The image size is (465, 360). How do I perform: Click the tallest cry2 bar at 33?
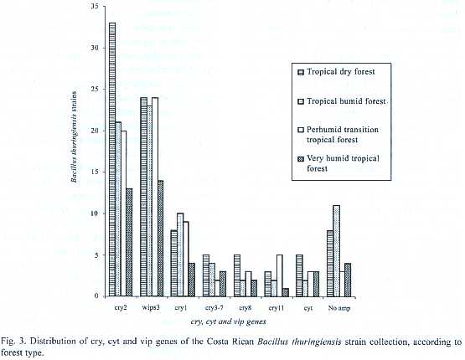pyautogui.click(x=112, y=159)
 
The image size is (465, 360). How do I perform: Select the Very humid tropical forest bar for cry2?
pyautogui.click(x=129, y=242)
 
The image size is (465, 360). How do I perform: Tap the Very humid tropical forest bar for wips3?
pyautogui.click(x=160, y=239)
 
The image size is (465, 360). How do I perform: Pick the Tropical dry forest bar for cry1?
pyautogui.click(x=174, y=263)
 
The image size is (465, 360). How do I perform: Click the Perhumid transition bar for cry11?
pyautogui.click(x=280, y=275)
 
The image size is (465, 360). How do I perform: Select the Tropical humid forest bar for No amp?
pyautogui.click(x=336, y=250)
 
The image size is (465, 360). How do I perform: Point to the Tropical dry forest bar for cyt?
pyautogui.click(x=299, y=275)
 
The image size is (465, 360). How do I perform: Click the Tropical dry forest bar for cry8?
pyautogui.click(x=237, y=275)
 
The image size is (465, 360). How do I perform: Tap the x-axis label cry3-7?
pyautogui.click(x=214, y=308)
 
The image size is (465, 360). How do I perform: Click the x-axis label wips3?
pyautogui.click(x=152, y=307)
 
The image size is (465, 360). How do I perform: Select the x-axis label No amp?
pyautogui.click(x=339, y=308)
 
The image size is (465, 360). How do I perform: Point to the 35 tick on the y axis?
pyautogui.click(x=95, y=6)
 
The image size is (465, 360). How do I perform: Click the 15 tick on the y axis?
pyautogui.click(x=95, y=172)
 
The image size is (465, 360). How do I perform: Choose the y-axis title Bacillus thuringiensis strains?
pyautogui.click(x=74, y=136)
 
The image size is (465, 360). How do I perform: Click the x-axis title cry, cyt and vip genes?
pyautogui.click(x=229, y=321)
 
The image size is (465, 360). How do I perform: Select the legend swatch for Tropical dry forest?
pyautogui.click(x=301, y=72)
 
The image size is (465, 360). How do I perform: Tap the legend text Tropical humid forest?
pyautogui.click(x=346, y=101)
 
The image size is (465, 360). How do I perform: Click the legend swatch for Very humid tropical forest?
pyautogui.click(x=301, y=159)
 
